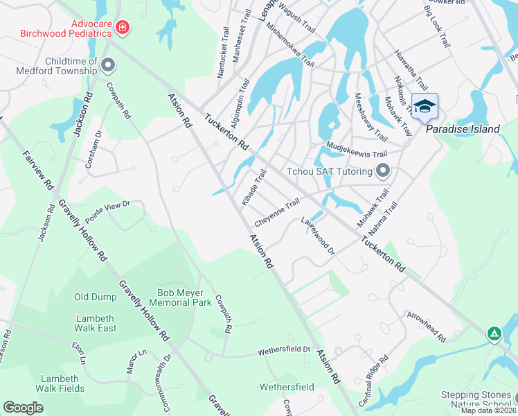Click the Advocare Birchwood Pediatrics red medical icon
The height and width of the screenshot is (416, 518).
click(x=123, y=28)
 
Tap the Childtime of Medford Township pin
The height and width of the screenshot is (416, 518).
click(x=107, y=66)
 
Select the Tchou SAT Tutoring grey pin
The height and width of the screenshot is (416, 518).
click(x=382, y=171)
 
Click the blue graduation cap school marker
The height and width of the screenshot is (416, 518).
click(x=425, y=106)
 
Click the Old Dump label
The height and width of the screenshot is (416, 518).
click(x=96, y=297)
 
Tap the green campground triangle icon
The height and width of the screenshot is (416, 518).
click(x=494, y=334)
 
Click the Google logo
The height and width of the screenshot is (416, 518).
click(x=23, y=408)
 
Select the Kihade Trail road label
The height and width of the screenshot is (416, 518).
click(x=253, y=187)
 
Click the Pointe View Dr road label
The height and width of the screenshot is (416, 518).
click(x=107, y=212)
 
